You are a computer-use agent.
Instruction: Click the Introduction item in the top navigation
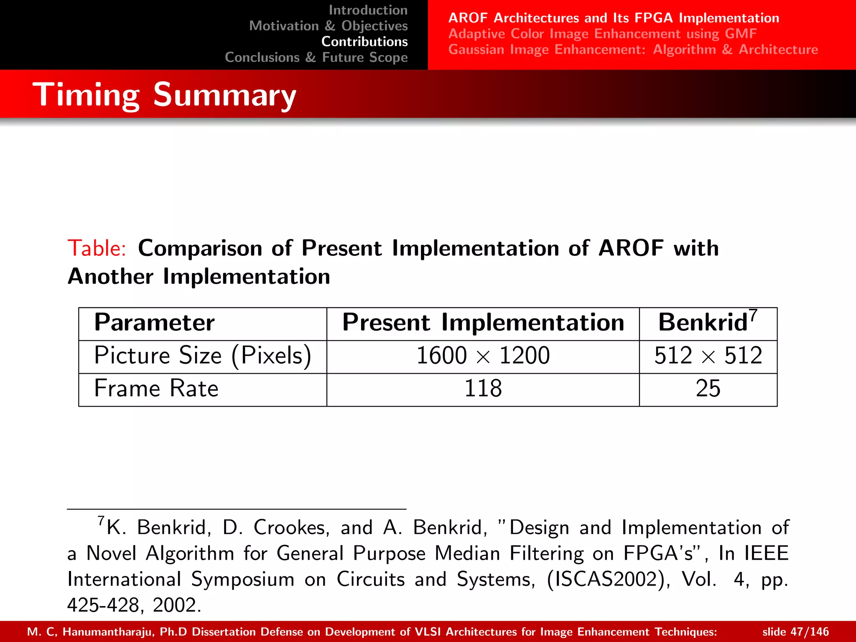[368, 10]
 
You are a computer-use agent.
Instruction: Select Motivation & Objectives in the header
[328, 26]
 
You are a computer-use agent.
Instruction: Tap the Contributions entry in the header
[364, 42]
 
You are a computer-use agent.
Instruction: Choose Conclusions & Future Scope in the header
[316, 57]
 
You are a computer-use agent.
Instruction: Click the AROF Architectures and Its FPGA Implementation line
[614, 18]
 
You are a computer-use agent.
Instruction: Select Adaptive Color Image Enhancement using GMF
[602, 34]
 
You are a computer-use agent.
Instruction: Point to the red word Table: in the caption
[97, 248]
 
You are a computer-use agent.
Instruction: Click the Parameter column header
[154, 323]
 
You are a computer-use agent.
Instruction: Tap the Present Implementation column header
[483, 323]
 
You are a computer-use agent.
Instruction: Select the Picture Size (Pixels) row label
[203, 356]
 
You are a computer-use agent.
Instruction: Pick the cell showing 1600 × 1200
[483, 356]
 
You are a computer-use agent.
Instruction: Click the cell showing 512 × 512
[708, 356]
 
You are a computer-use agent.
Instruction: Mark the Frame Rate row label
[156, 388]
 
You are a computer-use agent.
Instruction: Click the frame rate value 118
[483, 388]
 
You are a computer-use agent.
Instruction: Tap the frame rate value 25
[708, 388]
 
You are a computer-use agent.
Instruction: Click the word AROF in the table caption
[631, 248]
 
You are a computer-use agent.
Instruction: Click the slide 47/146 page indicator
[795, 632]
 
